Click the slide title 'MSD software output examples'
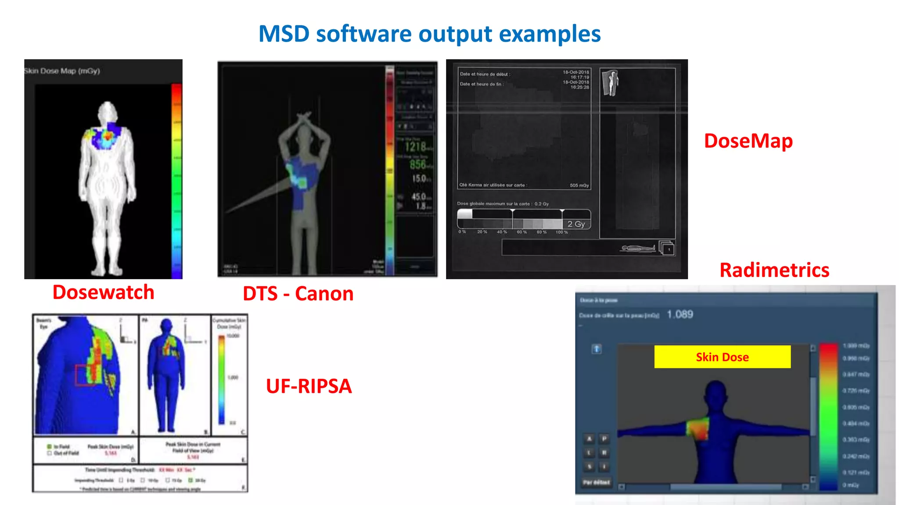point(429,34)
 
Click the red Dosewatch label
point(103,292)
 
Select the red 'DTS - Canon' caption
point(298,294)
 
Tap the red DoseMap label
point(748,141)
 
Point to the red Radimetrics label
point(774,270)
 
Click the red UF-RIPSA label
point(309,386)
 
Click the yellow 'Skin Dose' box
point(722,357)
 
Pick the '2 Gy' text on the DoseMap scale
point(576,224)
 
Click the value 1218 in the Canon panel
point(415,146)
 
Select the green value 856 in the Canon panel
point(417,165)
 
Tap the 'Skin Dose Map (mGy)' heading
point(62,71)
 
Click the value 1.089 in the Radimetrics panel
point(680,314)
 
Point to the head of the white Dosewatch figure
point(107,110)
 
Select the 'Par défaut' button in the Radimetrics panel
point(596,482)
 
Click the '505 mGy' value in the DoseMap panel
point(579,185)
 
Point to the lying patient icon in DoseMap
point(637,249)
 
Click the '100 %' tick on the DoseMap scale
point(561,232)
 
